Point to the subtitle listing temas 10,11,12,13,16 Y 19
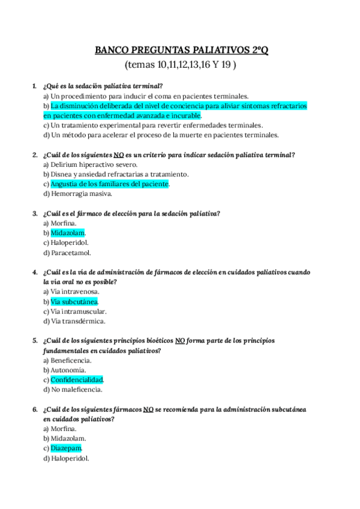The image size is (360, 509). coord(181,64)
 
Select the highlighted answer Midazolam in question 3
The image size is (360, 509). coord(68,233)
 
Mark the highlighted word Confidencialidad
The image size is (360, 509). coord(77,379)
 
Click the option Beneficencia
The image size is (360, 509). coord(71,360)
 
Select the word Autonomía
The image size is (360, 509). coord(70,370)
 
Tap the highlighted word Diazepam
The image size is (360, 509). coord(66,448)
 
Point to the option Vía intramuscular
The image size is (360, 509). coord(78,312)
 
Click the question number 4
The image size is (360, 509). coord(35,273)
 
